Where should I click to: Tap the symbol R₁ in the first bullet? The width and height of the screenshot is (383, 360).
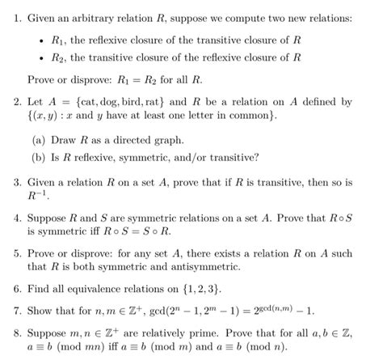tap(57, 36)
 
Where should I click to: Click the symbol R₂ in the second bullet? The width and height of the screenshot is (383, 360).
tap(57, 57)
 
